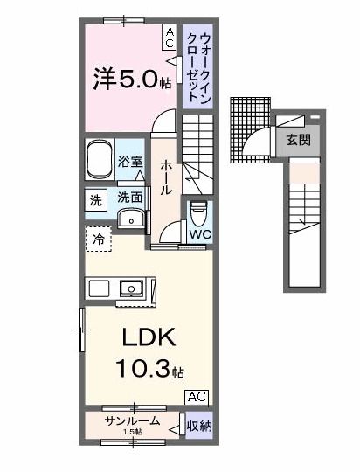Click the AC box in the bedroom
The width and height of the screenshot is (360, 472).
pyautogui.click(x=169, y=36)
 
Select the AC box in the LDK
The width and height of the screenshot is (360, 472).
pyautogui.click(x=197, y=396)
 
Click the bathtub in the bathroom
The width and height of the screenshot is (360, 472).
pyautogui.click(x=100, y=159)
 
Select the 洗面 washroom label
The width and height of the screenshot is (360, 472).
pyautogui.click(x=130, y=198)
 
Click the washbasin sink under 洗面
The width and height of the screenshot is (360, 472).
pyautogui.click(x=130, y=219)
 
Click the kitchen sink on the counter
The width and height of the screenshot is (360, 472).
pyautogui.click(x=133, y=288)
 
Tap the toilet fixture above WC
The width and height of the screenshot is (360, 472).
pyautogui.click(x=198, y=212)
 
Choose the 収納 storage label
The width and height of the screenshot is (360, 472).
pyautogui.click(x=199, y=426)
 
